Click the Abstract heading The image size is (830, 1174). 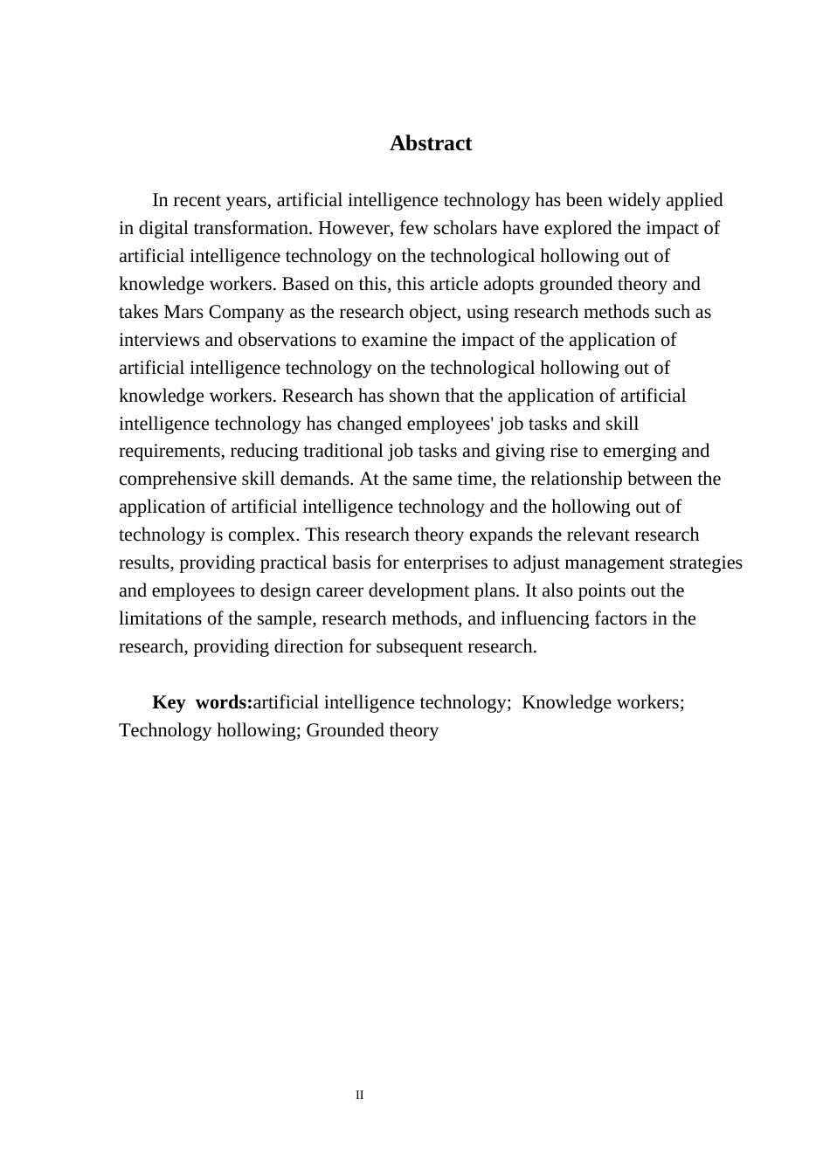point(430,143)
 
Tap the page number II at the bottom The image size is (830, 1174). point(359,1095)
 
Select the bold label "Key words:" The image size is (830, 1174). point(202,702)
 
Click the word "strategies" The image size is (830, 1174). point(705,563)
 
